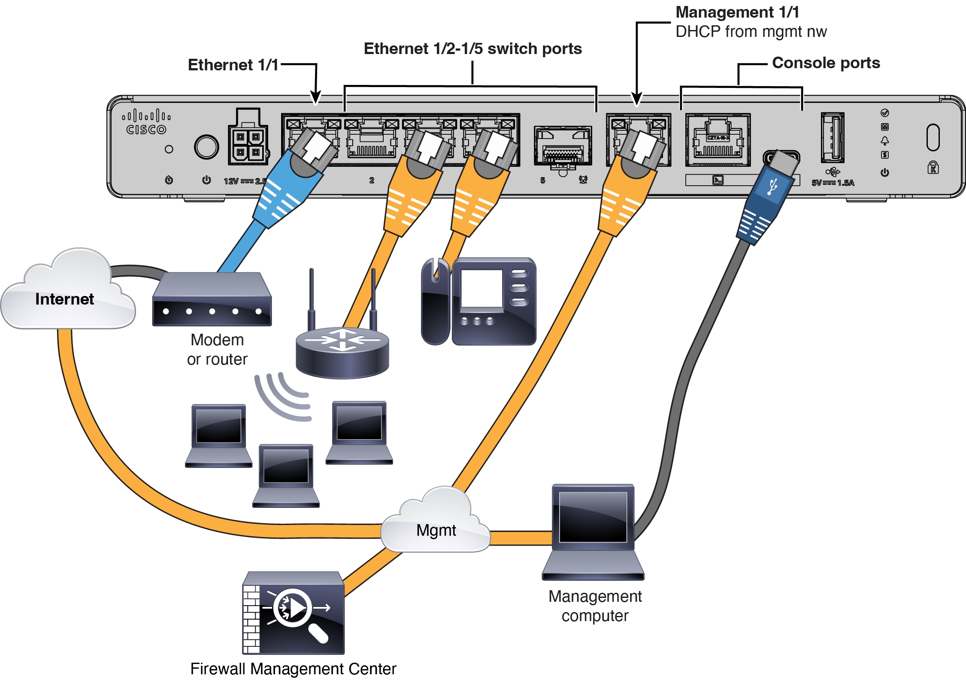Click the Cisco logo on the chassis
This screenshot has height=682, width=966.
point(146,122)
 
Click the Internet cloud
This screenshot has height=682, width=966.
point(67,296)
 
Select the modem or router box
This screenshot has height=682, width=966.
point(212,300)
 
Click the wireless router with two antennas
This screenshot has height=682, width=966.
point(342,350)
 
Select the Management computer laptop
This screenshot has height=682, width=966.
point(593,532)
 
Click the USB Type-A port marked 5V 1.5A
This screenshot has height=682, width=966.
point(832,138)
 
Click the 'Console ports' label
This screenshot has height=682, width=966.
point(826,63)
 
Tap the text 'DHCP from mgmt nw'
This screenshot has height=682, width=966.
point(751,32)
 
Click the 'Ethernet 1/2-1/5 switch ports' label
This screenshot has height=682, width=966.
point(472,49)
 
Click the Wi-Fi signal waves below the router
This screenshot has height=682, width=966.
point(283,397)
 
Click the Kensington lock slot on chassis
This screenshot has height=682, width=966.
point(933,138)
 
